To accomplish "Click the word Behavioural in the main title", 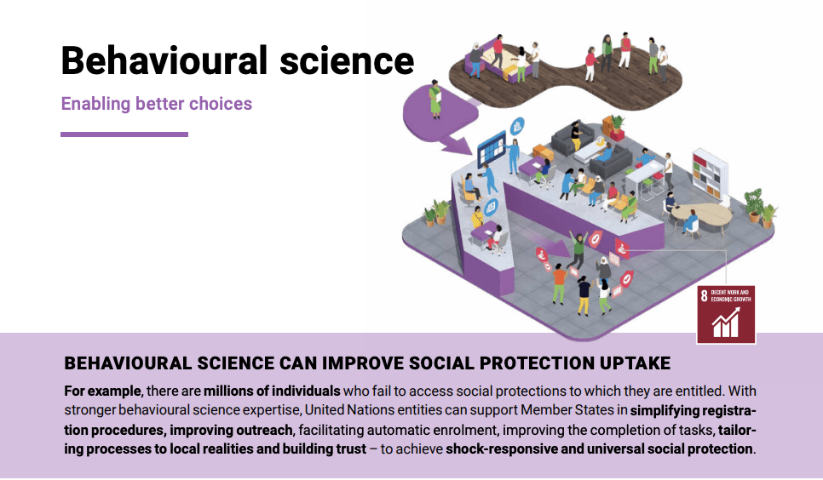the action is click(164, 60).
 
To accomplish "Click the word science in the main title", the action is click(347, 60).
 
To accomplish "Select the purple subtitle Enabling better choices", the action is click(157, 104).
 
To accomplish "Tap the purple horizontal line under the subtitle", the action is click(124, 134).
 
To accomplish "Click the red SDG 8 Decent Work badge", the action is click(727, 315).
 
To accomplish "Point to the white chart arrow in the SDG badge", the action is click(726, 323).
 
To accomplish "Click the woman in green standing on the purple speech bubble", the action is click(435, 99).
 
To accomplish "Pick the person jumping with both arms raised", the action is click(578, 249).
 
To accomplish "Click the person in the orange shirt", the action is click(559, 283).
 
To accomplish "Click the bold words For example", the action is click(102, 391).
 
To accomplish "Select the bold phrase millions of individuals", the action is click(272, 391).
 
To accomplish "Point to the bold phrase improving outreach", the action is click(231, 430).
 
